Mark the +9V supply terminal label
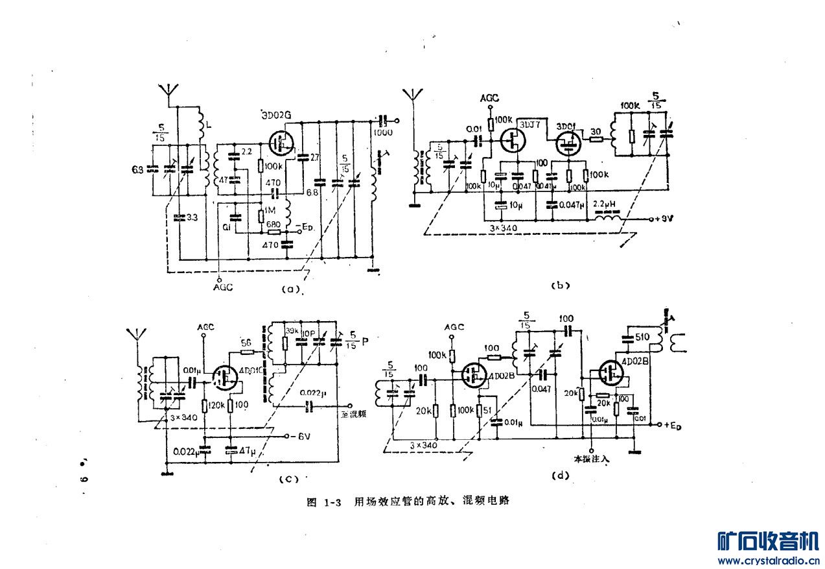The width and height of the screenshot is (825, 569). (666, 219)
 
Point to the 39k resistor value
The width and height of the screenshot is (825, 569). (290, 331)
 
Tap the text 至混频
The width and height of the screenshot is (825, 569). (354, 414)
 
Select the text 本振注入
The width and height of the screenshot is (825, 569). (589, 458)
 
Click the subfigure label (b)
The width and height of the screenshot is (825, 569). (559, 284)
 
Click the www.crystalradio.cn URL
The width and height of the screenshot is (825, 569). (768, 560)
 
